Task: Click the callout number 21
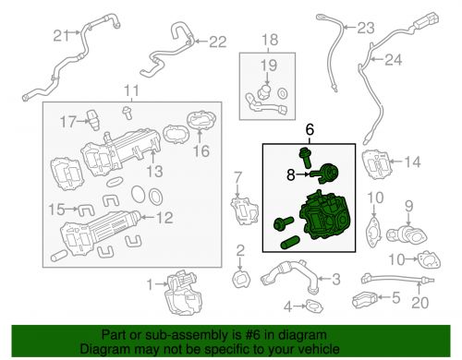pos(60,36)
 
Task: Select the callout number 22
pos(216,42)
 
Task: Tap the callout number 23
pos(393,26)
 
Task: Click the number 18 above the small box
pos(269,40)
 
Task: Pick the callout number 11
pos(131,90)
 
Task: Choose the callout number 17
pos(67,121)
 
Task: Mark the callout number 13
pos(154,171)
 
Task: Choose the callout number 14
pos(413,162)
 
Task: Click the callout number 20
pos(419,300)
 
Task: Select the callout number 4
pos(286,306)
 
